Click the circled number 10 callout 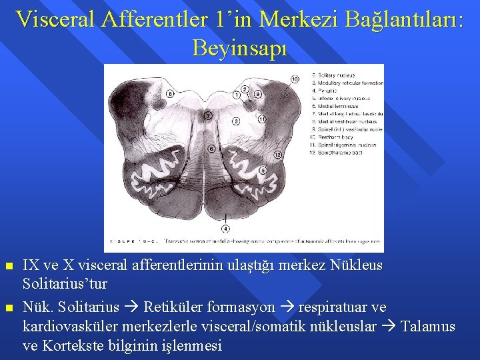pyautogui.click(x=295, y=79)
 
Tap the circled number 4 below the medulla pyautogui.click(x=226, y=229)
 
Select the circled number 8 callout pyautogui.click(x=170, y=95)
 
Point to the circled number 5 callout pyautogui.click(x=263, y=171)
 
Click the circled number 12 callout pyautogui.click(x=278, y=155)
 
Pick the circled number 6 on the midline pyautogui.click(x=211, y=149)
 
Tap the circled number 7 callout pyautogui.click(x=208, y=116)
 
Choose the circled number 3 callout pyautogui.click(x=236, y=121)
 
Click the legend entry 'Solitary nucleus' pyautogui.click(x=337, y=75)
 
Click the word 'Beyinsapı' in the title pyautogui.click(x=239, y=47)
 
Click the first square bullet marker pyautogui.click(x=9, y=266)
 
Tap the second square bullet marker pyautogui.click(x=9, y=307)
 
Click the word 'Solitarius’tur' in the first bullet pyautogui.click(x=65, y=284)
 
